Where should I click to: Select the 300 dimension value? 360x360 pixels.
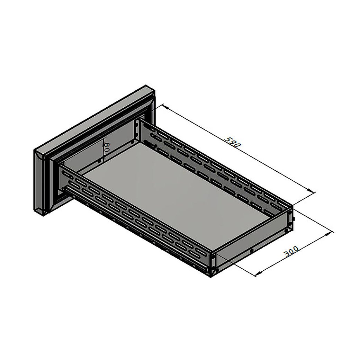291,251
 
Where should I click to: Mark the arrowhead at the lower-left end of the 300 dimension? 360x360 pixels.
259,273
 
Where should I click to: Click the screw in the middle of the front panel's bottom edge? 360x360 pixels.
252,251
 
